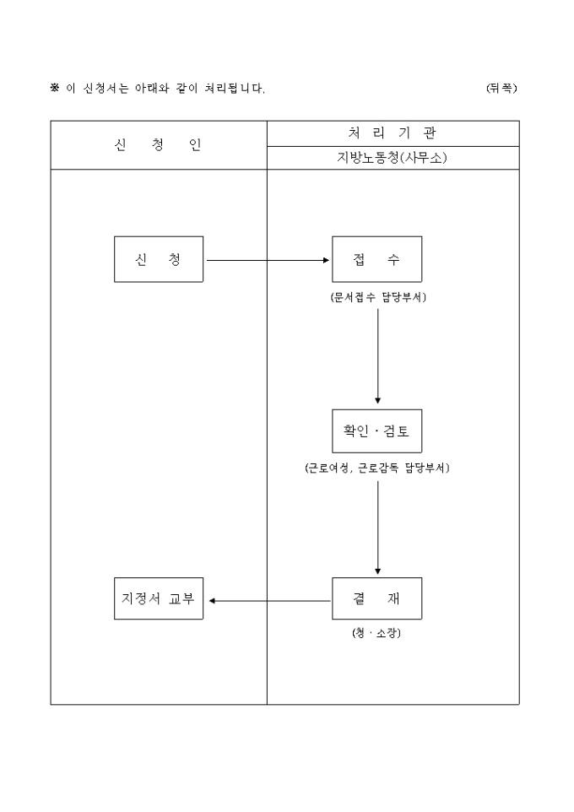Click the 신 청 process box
coord(159,259)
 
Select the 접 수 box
coord(376,259)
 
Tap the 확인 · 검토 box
coord(376,430)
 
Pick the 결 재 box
coord(376,598)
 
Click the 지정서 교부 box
coord(159,598)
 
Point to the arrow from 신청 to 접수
coord(268,260)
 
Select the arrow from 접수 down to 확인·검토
coord(377,355)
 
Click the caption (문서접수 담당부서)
coord(377,297)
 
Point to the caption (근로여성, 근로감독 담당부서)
coord(377,468)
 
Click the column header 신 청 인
coord(158,144)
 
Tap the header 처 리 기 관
coord(393,133)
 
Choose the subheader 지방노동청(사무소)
coord(393,158)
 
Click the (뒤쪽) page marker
coord(501,88)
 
